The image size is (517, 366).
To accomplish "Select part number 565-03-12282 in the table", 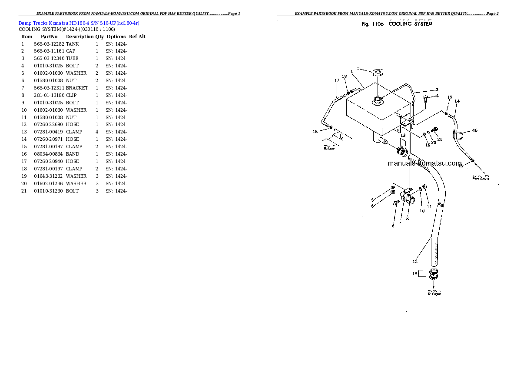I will click(x=49, y=44).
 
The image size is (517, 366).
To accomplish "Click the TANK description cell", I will click(x=73, y=44).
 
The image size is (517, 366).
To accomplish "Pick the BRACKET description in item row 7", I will click(x=77, y=88).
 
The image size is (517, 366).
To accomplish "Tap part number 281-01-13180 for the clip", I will click(x=49, y=95).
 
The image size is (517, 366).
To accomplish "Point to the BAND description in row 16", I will click(x=73, y=154).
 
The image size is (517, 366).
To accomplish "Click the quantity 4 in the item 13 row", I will click(x=97, y=132).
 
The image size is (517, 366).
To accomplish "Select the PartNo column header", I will click(x=49, y=37).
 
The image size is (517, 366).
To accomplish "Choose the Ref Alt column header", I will click(x=137, y=37).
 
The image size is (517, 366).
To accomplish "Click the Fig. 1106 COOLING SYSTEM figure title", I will click(x=397, y=24).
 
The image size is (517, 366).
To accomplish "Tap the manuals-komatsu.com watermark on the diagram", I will click(x=424, y=163).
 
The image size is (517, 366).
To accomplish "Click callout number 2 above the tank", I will click(x=358, y=68).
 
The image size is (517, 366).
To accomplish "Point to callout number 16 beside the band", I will click(x=475, y=130).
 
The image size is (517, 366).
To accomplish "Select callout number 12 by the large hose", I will click(x=415, y=261).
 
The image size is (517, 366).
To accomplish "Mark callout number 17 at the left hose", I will click(x=337, y=80).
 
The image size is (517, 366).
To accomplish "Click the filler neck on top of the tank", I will click(x=377, y=100).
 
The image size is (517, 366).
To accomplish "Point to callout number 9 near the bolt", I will click(x=393, y=226).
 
